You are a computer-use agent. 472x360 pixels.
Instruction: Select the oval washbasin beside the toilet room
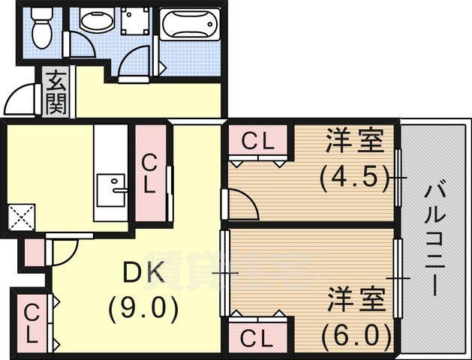95,22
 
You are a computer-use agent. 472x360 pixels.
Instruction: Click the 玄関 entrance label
55,91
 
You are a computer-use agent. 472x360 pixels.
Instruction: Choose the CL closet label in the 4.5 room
258,140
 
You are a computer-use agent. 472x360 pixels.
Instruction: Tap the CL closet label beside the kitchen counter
150,174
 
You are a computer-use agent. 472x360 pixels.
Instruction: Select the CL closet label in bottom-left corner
32,322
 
